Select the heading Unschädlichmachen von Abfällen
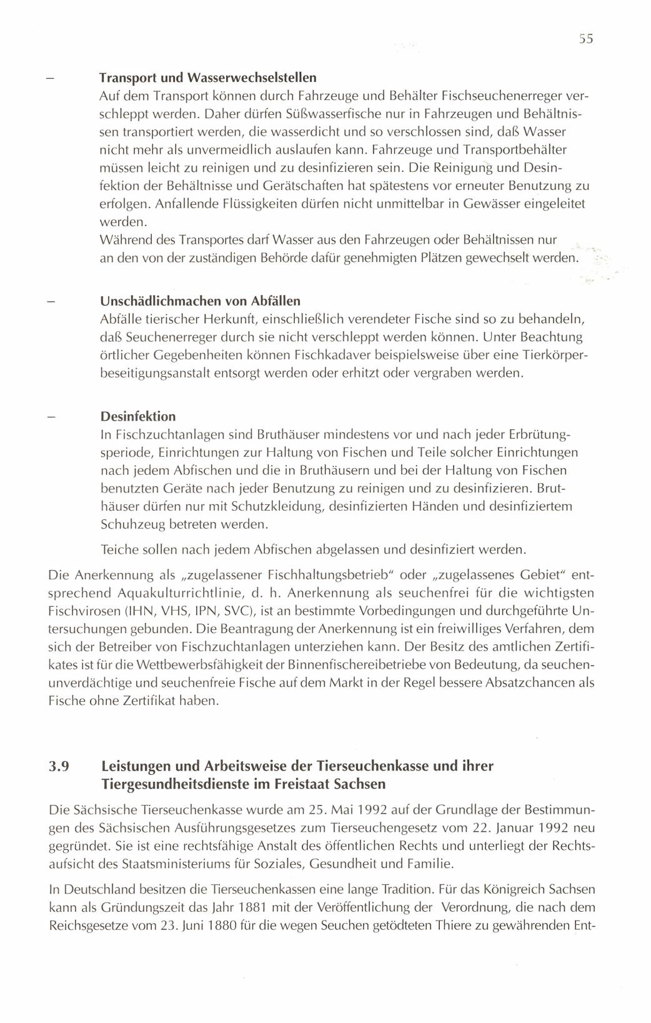point(200,301)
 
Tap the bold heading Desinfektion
point(138,416)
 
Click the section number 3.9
point(59,767)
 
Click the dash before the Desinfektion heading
point(52,417)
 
